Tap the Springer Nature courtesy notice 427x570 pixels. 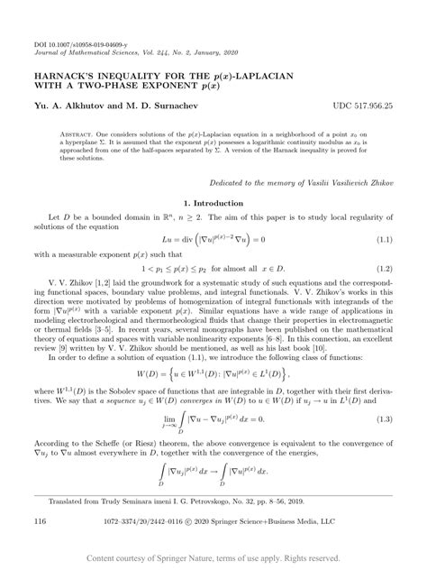[213, 559]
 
